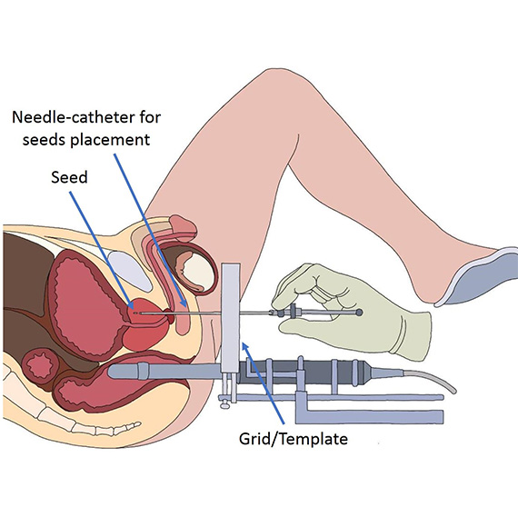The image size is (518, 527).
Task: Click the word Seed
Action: click(69, 177)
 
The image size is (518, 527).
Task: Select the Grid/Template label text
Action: click(294, 439)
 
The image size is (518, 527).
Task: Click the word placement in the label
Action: click(110, 140)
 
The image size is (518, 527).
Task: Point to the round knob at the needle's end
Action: click(359, 313)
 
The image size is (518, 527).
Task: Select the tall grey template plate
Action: click(231, 318)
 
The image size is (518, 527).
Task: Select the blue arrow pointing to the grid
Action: click(264, 383)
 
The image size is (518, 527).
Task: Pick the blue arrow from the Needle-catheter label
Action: click(150, 230)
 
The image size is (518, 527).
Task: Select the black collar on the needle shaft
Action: click(294, 312)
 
